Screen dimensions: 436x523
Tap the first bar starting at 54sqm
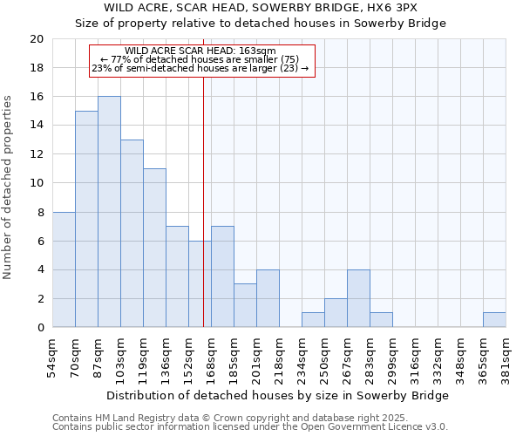tap(64, 269)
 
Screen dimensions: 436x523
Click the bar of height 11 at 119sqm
tap(154, 248)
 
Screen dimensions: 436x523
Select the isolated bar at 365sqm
tap(494, 320)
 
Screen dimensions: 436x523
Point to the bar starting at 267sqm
tap(358, 298)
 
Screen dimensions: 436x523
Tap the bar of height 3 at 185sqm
tap(245, 305)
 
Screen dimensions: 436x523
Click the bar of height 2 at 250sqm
tap(336, 313)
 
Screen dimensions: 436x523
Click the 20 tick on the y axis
tap(36, 39)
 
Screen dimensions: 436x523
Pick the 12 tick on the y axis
tap(36, 154)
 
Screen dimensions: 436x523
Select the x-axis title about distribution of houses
tap(279, 395)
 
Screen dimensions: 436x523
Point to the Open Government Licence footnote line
tap(250, 427)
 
